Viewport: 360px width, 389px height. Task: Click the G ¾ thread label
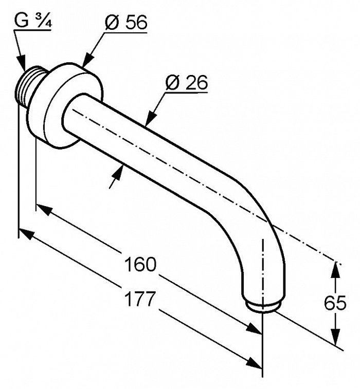[x=33, y=21]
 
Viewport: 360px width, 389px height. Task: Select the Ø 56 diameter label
[x=126, y=23]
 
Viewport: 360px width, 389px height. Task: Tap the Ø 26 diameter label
[x=187, y=83]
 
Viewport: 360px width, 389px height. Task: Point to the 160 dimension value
[x=140, y=264]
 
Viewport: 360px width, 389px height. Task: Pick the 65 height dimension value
[x=335, y=303]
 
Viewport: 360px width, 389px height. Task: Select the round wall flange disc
[x=65, y=105]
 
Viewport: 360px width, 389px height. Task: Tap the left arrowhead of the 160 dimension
[x=45, y=210]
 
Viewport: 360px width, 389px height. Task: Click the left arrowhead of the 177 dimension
[x=27, y=234]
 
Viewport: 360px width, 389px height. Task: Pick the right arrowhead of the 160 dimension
[x=254, y=329]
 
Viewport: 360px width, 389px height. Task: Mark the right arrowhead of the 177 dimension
[x=254, y=363]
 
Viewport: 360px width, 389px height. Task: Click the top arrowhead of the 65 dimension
[x=335, y=270]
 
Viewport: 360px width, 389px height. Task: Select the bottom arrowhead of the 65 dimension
[x=335, y=337]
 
